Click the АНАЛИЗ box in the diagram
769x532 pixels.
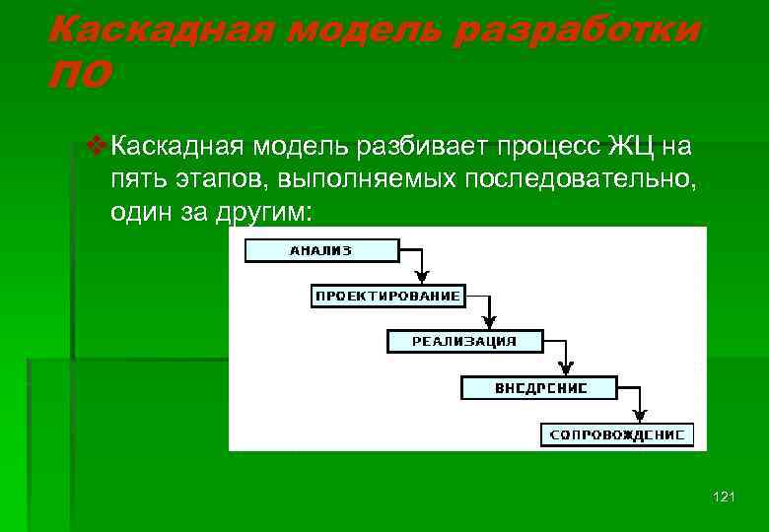(x=320, y=251)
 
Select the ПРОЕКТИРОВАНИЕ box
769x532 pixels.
(x=387, y=297)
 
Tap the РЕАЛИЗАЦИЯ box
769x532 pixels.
(x=464, y=342)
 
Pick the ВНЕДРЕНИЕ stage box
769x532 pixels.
(x=540, y=388)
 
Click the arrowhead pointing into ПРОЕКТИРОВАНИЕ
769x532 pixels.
(x=421, y=280)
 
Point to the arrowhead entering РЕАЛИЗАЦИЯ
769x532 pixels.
(x=492, y=325)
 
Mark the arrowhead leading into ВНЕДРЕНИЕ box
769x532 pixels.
(x=566, y=371)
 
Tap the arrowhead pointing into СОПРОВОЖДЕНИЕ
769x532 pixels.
(x=642, y=418)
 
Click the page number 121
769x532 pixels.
(x=723, y=498)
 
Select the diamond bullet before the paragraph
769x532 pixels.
(x=96, y=148)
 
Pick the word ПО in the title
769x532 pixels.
(x=79, y=75)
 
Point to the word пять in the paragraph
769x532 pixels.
(x=137, y=180)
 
